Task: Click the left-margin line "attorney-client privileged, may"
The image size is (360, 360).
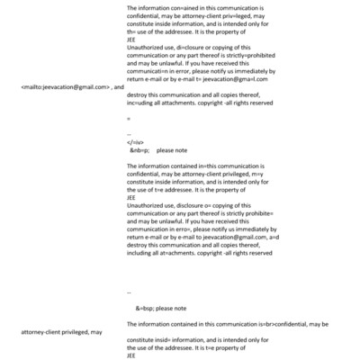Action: pos(60,332)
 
